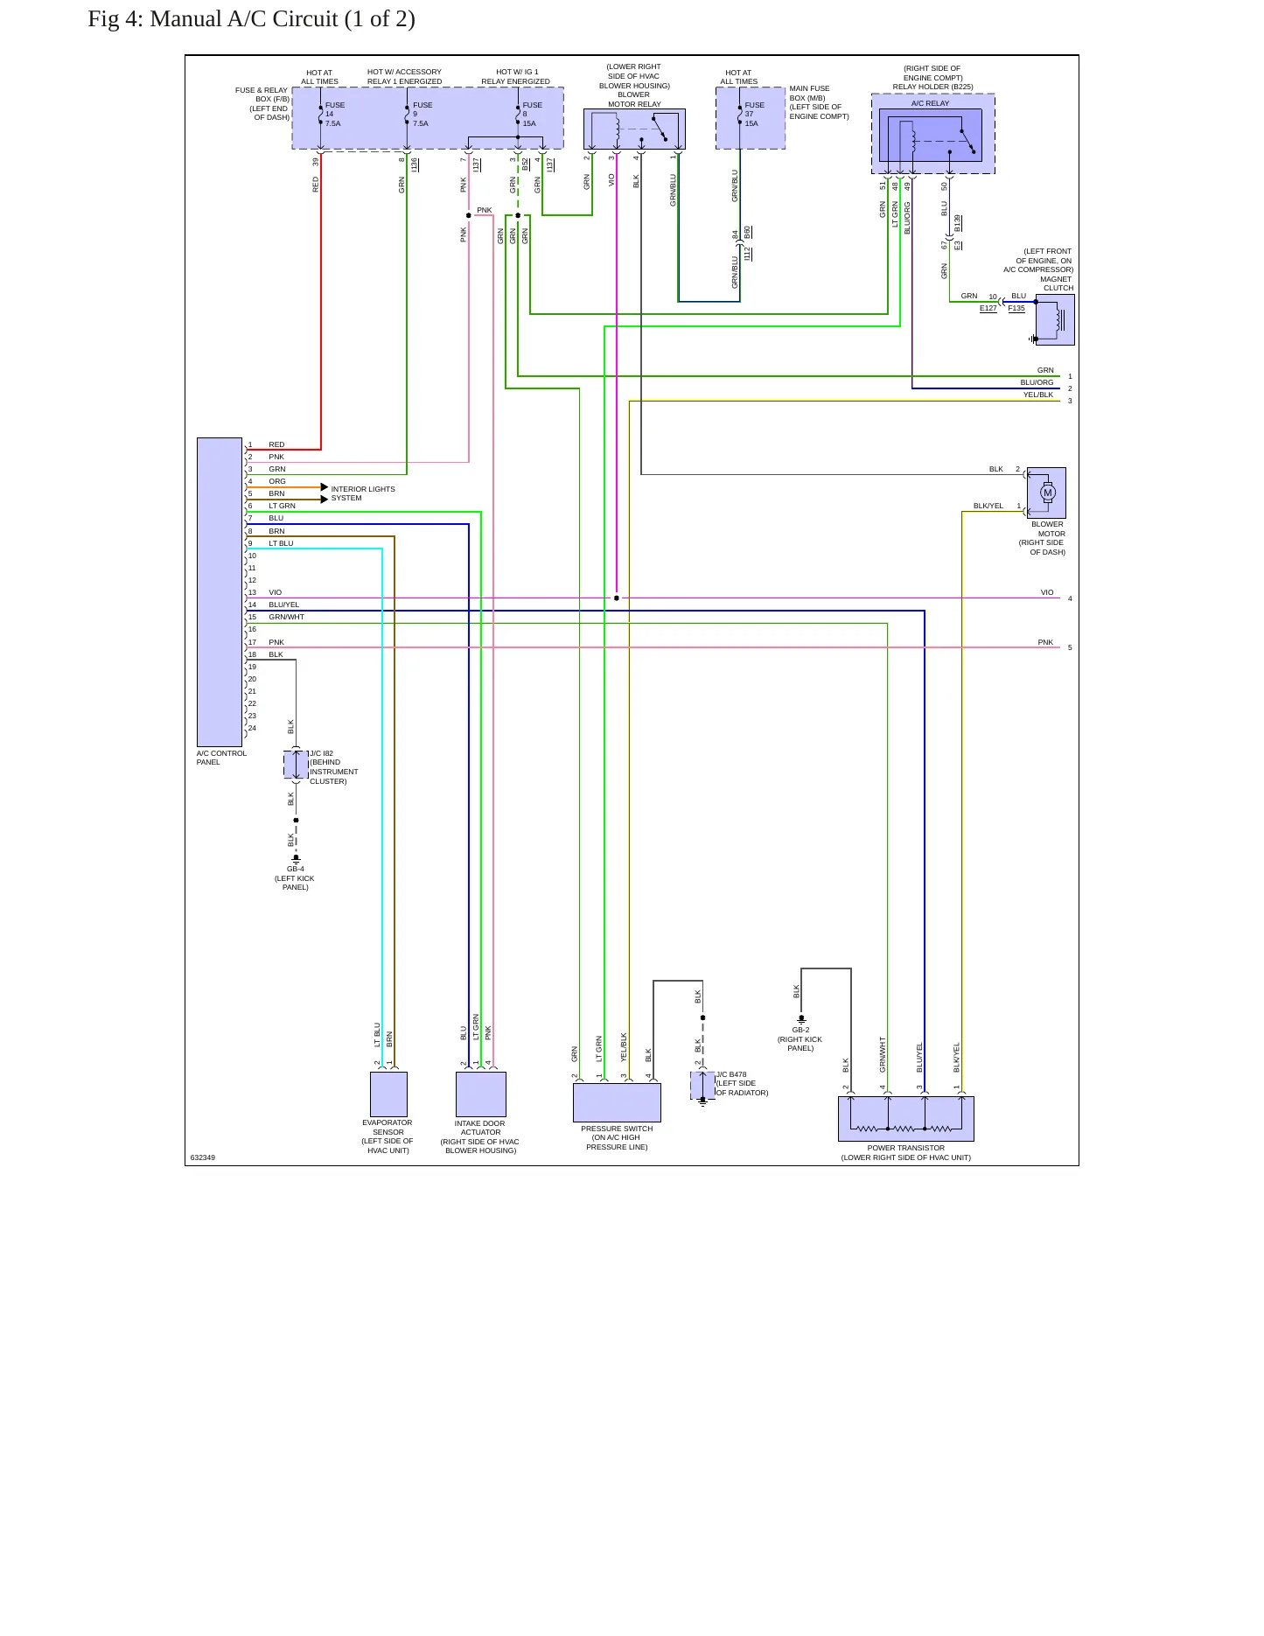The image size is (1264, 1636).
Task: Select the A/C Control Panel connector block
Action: (220, 592)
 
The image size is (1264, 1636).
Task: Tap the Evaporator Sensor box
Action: (388, 1094)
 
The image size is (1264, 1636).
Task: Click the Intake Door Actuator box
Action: (481, 1094)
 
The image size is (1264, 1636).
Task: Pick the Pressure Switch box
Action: (617, 1102)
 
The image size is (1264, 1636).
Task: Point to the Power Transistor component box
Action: (906, 1119)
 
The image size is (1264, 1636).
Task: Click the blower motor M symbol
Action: (1048, 493)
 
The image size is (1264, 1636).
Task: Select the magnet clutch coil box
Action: (1055, 319)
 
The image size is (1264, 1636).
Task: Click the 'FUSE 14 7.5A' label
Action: (334, 115)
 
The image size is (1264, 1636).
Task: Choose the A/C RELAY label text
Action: (930, 103)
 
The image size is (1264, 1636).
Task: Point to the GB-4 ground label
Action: (296, 870)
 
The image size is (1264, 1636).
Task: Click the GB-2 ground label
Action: (800, 1030)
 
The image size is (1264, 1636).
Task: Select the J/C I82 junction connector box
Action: (296, 765)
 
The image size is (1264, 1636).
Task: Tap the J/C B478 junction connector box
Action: (702, 1086)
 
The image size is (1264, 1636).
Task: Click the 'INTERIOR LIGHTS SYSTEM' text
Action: (363, 493)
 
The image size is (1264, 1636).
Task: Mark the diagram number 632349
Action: (203, 1157)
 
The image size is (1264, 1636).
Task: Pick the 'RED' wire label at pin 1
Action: (276, 444)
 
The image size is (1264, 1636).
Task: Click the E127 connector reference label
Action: (988, 308)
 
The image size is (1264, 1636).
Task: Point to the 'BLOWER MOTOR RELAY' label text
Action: (634, 100)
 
